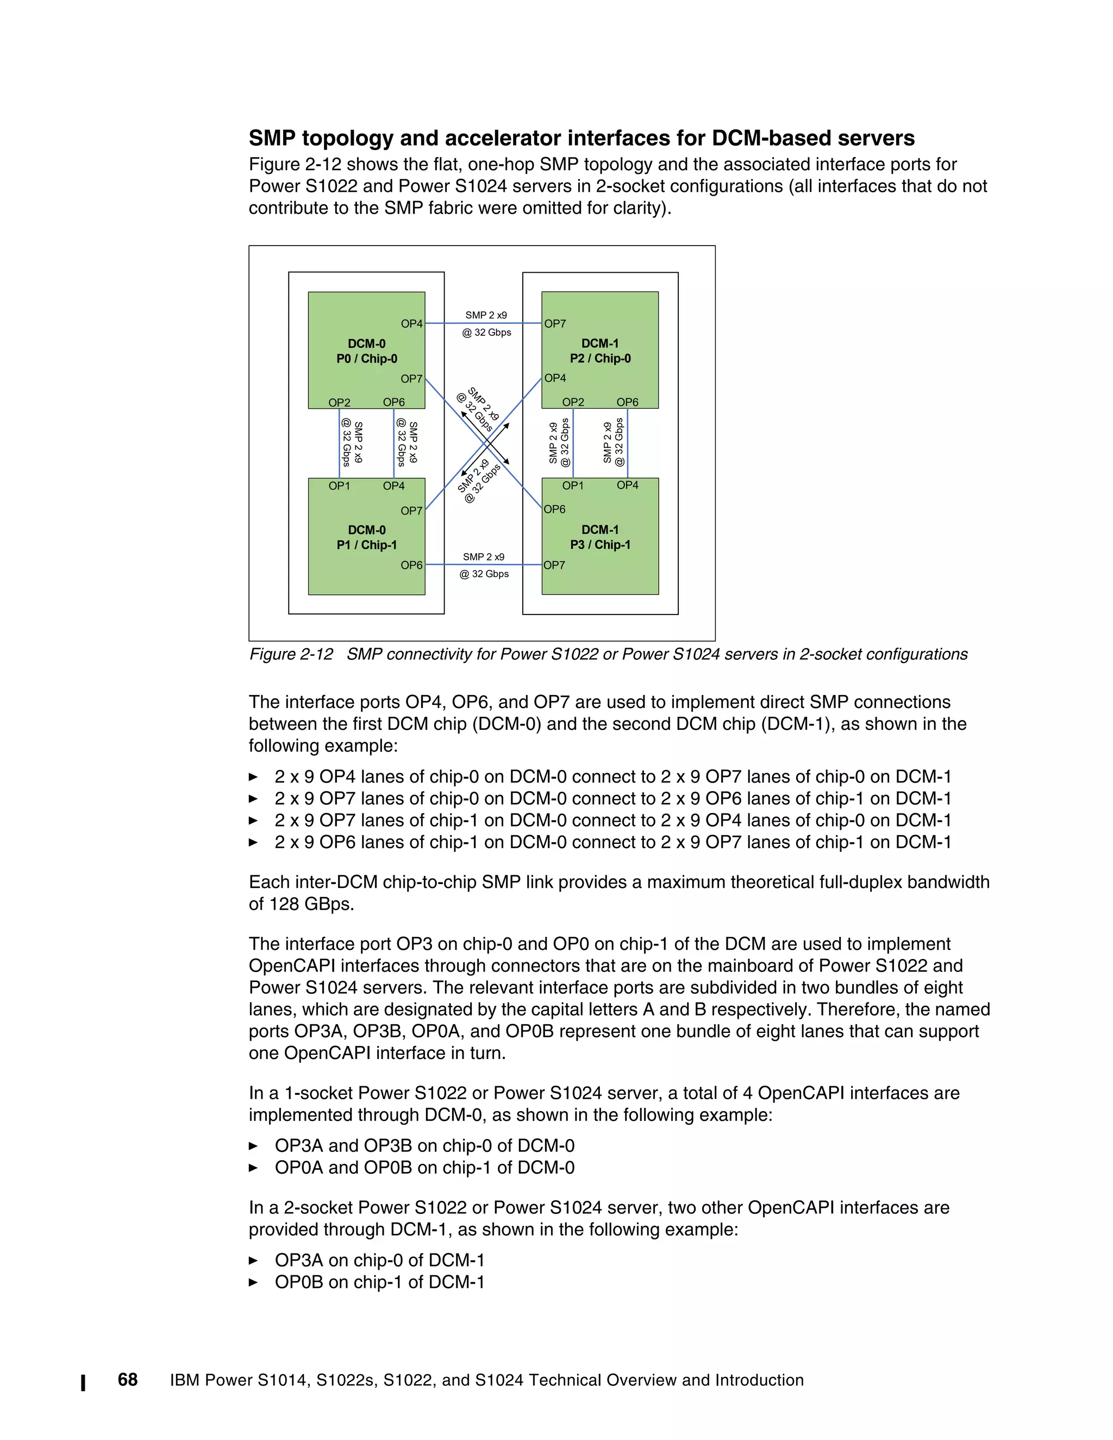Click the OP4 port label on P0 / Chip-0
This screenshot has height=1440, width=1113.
point(411,324)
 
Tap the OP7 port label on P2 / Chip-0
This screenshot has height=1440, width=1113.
point(555,324)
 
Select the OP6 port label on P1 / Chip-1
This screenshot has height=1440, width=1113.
point(411,565)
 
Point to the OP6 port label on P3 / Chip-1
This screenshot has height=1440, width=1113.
point(554,509)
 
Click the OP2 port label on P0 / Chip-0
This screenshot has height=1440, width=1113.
point(340,402)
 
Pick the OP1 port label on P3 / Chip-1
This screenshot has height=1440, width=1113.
point(573,485)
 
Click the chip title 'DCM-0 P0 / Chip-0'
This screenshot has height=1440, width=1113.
point(367,352)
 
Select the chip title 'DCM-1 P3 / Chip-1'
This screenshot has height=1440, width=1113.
point(600,537)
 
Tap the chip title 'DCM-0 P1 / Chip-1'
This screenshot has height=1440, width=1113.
point(367,537)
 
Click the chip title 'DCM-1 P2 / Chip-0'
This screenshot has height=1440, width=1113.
point(600,352)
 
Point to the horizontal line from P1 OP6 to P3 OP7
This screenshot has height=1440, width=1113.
point(483,565)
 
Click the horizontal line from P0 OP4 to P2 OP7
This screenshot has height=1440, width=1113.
point(483,323)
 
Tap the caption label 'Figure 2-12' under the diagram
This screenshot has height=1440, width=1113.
point(291,654)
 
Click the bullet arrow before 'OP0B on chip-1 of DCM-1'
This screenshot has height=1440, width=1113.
point(253,1282)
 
